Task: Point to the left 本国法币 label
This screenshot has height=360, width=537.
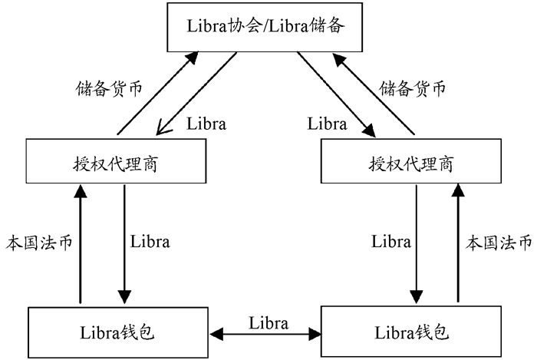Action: click(x=39, y=243)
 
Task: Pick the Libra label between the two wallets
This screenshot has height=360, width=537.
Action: click(x=268, y=323)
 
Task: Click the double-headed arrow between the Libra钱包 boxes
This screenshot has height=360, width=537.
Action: click(x=268, y=334)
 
